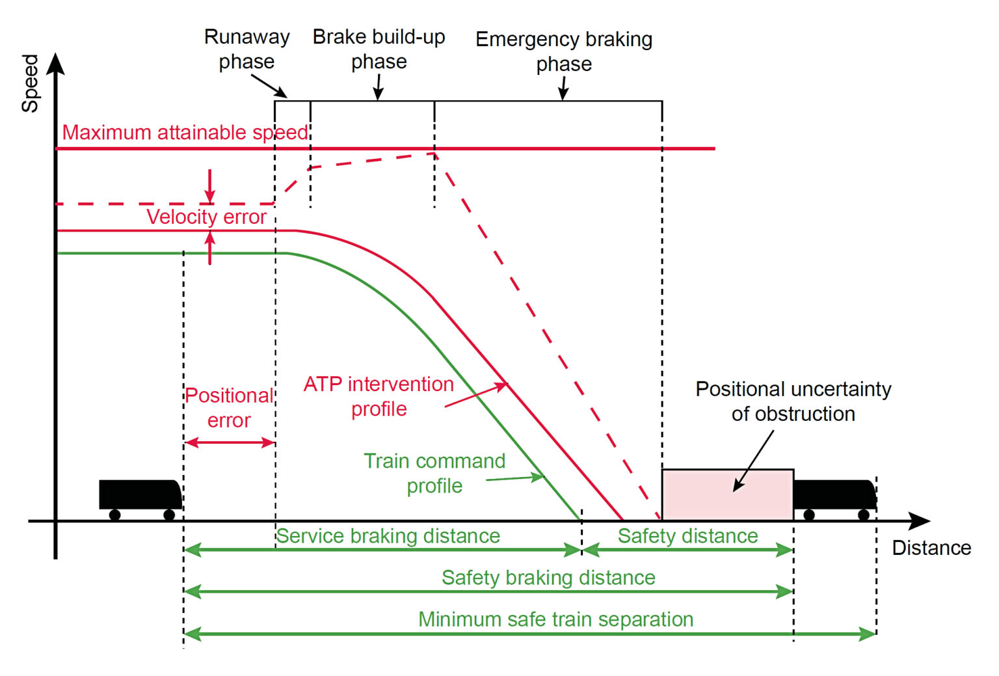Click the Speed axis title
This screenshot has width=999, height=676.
coord(30,83)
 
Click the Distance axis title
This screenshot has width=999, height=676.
coord(931,548)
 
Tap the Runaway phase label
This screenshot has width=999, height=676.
coord(246,49)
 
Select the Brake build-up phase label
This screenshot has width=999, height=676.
coord(379,49)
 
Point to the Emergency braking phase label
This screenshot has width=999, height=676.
coord(564,51)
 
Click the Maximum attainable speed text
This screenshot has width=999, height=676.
coord(185,132)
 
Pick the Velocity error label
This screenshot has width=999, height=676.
coord(206,217)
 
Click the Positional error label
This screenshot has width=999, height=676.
coord(229,408)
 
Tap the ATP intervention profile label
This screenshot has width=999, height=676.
coord(379,396)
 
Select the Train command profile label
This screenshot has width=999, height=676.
coord(434,473)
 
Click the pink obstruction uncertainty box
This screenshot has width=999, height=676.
coord(727,494)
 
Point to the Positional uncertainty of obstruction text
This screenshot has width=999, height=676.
coord(793,401)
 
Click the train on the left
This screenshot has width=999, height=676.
coord(140,498)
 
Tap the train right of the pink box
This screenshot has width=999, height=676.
coord(835,498)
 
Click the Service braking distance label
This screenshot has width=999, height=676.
coord(388,535)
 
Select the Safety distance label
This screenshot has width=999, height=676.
coord(687,535)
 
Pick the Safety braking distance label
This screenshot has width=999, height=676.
coord(548,577)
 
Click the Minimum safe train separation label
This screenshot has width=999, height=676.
coord(555,619)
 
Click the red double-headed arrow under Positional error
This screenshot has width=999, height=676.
coord(230,442)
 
